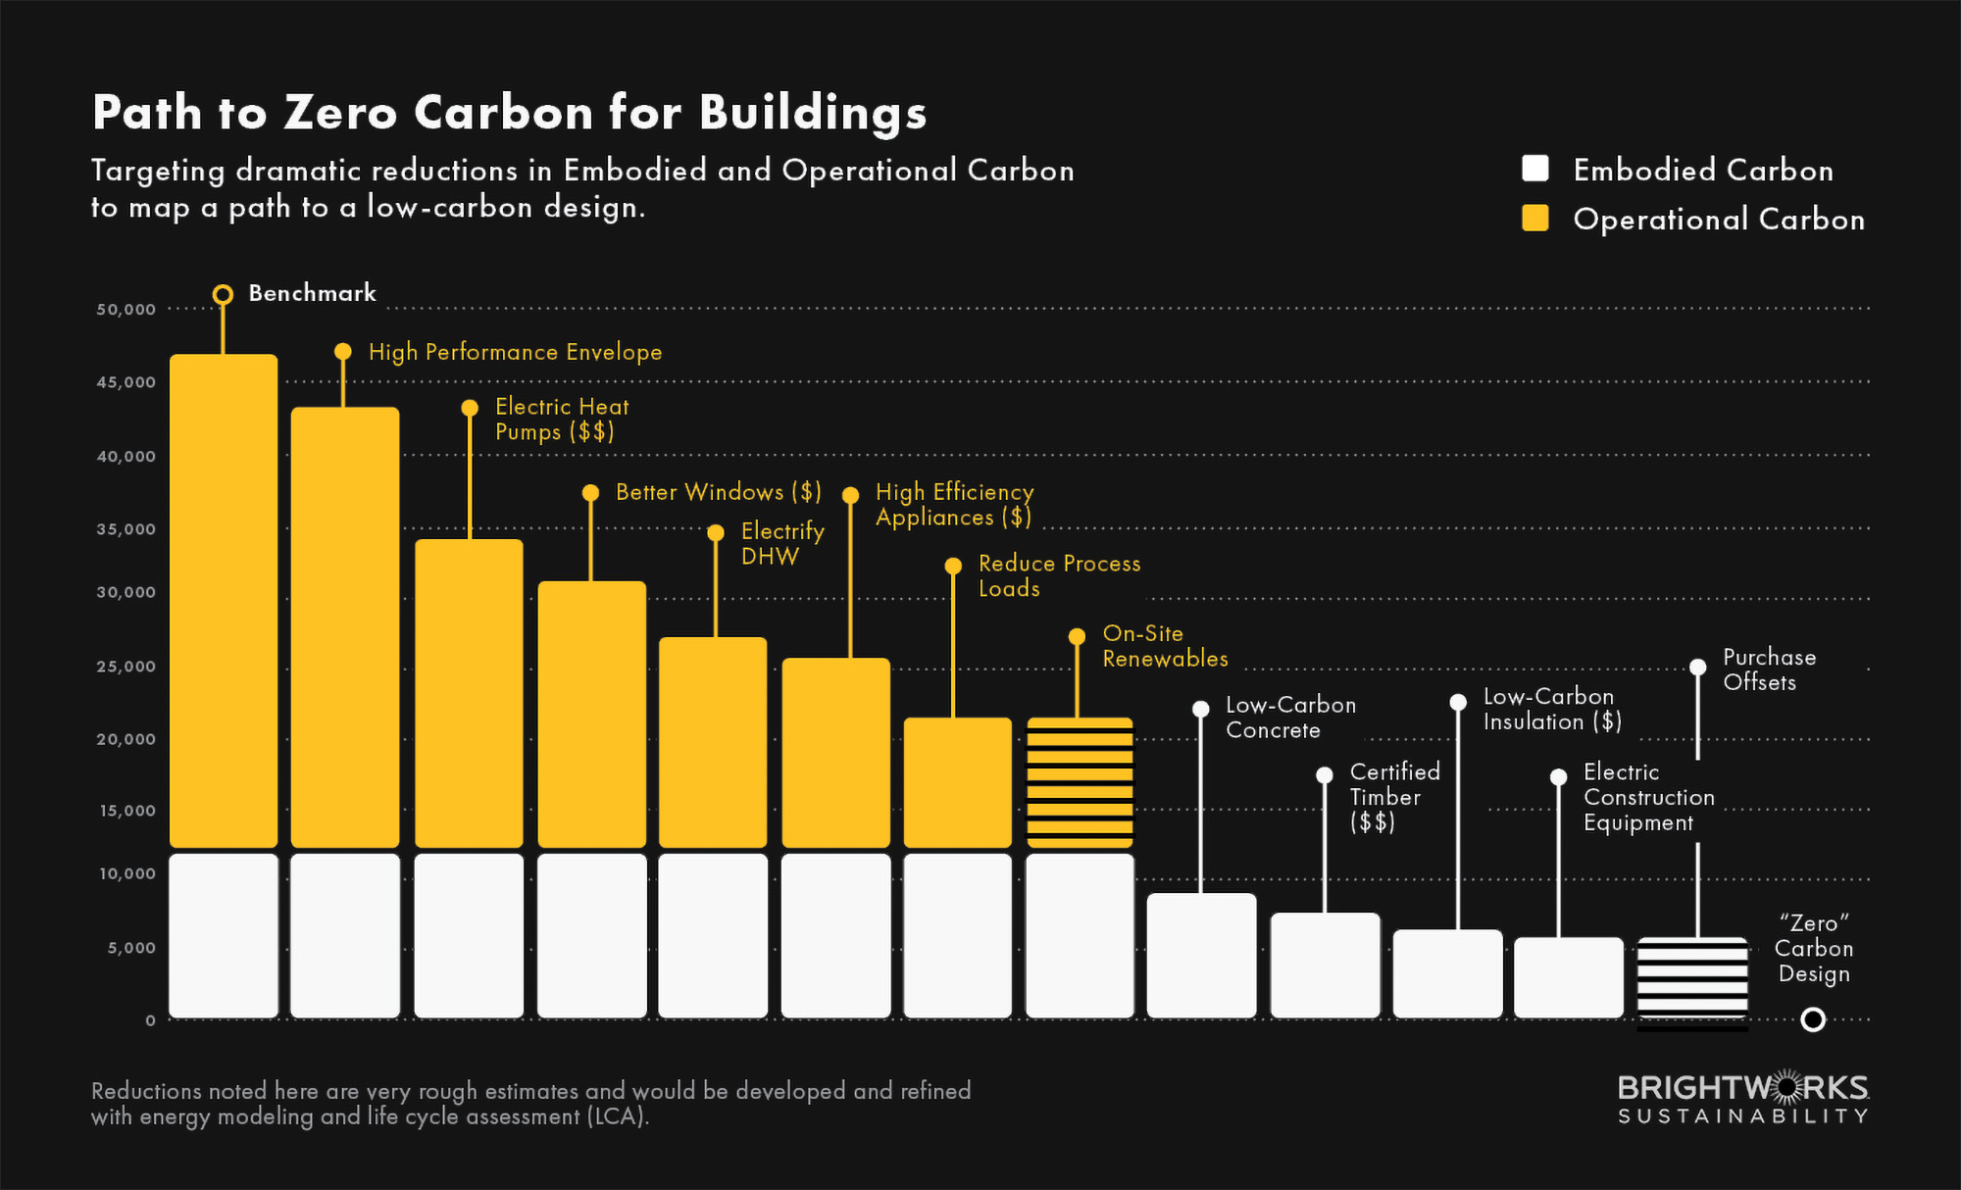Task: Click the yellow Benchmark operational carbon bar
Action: click(x=224, y=600)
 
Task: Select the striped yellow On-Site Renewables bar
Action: click(x=1080, y=782)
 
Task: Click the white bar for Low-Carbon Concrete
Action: click(x=1201, y=955)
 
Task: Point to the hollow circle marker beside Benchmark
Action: click(x=223, y=294)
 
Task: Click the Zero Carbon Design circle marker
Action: click(x=1813, y=1019)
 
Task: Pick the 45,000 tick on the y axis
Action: click(x=126, y=382)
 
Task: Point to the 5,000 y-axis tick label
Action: click(x=131, y=948)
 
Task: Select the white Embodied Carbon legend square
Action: click(x=1535, y=169)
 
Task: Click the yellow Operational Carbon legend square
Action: click(x=1535, y=218)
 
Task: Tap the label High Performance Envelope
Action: click(x=515, y=352)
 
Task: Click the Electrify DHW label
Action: click(x=781, y=543)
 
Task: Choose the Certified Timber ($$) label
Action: click(x=1393, y=796)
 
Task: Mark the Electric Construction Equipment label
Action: click(x=1648, y=797)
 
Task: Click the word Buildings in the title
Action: click(x=813, y=113)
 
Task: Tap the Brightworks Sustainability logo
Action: click(x=1742, y=1099)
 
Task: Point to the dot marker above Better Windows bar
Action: click(x=590, y=493)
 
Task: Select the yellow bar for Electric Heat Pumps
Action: click(x=469, y=692)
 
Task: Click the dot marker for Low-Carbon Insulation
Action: click(x=1458, y=702)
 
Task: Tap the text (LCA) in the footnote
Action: click(x=618, y=1116)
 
